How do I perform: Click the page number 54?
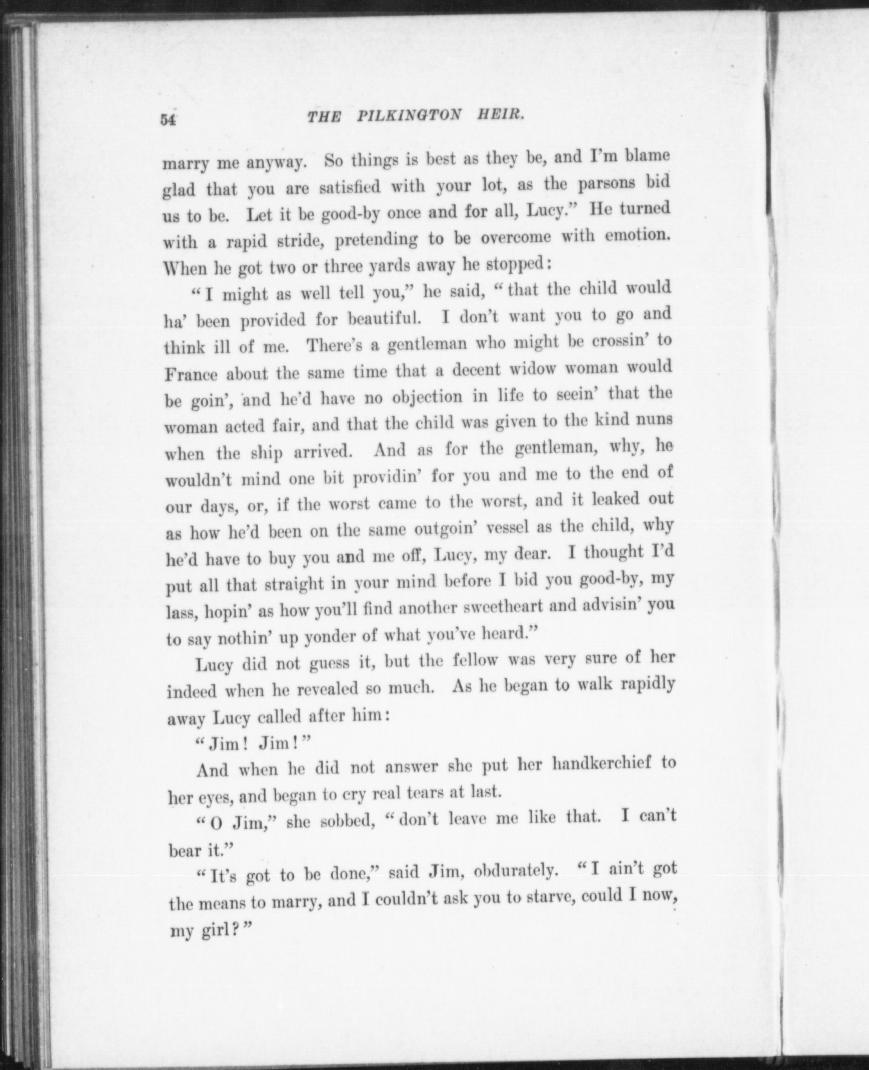(x=168, y=120)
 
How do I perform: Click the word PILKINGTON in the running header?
(x=408, y=117)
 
